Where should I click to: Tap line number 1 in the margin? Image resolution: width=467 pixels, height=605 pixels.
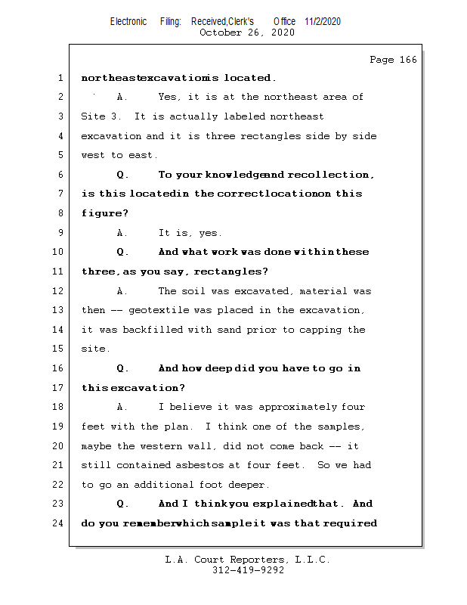(x=60, y=78)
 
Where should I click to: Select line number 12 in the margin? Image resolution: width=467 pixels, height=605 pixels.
(x=57, y=291)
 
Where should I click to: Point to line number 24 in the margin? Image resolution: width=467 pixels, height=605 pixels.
(x=57, y=523)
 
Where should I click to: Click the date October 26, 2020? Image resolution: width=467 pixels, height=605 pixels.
(x=246, y=33)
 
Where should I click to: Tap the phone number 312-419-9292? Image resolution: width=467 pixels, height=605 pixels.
(x=248, y=571)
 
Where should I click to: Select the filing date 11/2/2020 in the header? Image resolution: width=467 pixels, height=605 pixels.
(x=323, y=21)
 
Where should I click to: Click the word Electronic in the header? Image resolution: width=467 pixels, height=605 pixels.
(x=128, y=21)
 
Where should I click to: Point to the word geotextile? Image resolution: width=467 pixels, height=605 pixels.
(x=160, y=311)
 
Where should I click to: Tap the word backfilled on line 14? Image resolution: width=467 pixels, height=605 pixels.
(x=144, y=330)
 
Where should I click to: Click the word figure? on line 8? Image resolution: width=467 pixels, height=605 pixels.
(x=104, y=213)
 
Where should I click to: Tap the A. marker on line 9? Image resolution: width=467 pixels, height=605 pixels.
(x=122, y=233)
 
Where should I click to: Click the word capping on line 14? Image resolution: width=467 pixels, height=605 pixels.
(x=311, y=330)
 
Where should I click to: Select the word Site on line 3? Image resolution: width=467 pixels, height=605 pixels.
(x=93, y=116)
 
